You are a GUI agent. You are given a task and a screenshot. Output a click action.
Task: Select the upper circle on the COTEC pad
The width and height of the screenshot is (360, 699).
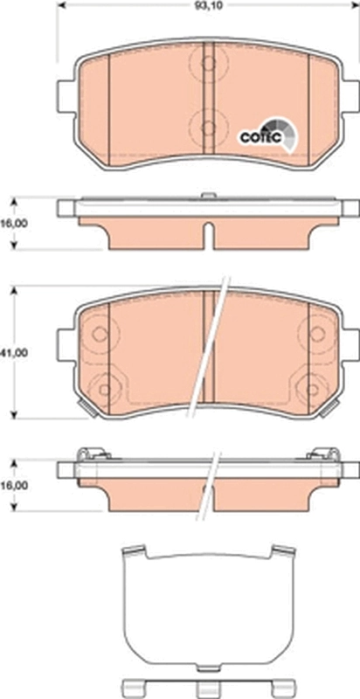(x=208, y=62)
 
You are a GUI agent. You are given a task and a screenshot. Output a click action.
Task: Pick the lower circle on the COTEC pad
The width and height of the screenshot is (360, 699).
(x=208, y=128)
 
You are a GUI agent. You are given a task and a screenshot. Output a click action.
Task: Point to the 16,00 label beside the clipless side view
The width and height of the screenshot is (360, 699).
(x=13, y=223)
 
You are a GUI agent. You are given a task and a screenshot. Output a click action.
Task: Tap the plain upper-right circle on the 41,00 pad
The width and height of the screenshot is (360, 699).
(x=314, y=333)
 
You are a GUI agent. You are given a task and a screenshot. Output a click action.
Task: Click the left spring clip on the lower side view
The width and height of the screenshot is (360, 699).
(x=90, y=453)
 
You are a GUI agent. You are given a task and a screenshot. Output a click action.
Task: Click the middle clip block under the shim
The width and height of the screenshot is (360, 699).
(x=206, y=687)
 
